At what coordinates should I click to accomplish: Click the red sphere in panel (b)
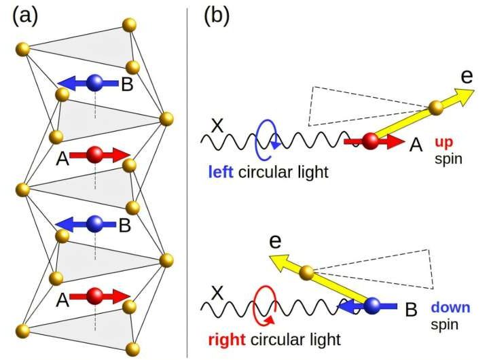[370, 142]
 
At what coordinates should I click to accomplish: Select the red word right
[223, 338]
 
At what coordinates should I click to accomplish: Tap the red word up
[443, 142]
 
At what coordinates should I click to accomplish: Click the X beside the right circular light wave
[217, 293]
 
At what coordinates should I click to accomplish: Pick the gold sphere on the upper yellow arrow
[436, 107]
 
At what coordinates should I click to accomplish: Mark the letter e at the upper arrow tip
[467, 75]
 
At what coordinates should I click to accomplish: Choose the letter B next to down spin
[410, 311]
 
